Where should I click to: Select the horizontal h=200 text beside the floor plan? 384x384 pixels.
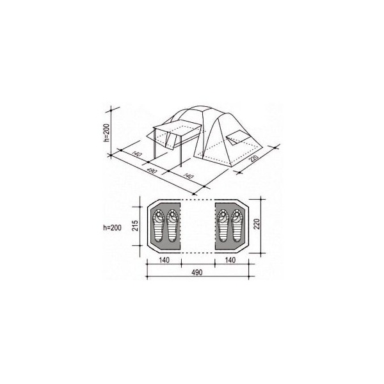[112, 228]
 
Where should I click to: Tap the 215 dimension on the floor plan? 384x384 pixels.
[135, 225]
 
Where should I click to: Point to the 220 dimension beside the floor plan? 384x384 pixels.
[257, 224]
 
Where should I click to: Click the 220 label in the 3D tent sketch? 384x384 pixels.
[253, 159]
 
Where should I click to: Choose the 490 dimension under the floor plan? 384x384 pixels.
[197, 273]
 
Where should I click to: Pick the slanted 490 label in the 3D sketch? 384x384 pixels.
[152, 171]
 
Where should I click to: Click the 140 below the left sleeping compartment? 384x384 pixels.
[164, 260]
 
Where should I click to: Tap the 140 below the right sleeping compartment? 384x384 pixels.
[230, 260]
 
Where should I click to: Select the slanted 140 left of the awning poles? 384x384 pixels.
[137, 154]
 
